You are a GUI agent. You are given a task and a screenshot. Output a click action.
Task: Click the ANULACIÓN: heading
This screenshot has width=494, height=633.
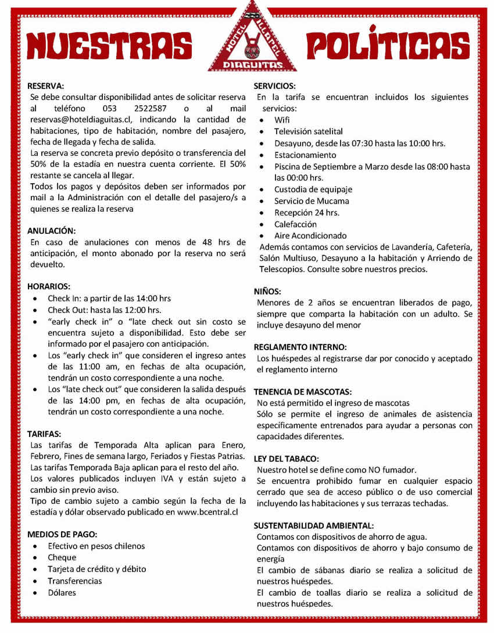coord(52,230)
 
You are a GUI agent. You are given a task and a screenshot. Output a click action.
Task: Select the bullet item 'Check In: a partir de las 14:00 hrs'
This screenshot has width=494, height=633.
coord(109,298)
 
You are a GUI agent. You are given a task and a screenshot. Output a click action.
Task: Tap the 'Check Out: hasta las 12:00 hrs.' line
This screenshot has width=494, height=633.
coord(104,310)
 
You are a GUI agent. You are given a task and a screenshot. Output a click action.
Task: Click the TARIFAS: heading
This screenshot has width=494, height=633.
coord(44,433)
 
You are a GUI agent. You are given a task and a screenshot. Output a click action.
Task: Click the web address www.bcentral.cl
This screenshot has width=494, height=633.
coord(207,512)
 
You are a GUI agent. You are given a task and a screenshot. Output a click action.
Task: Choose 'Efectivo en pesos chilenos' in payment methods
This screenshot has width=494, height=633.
coord(96,546)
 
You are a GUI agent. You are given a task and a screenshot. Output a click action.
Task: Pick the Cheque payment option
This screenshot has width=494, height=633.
coord(62,557)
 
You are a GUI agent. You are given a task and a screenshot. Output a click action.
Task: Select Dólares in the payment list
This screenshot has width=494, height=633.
coord(62,592)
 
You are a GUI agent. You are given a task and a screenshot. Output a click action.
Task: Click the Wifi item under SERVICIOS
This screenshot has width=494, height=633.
coord(282,120)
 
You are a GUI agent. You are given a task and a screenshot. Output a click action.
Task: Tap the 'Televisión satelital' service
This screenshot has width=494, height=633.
coord(309,131)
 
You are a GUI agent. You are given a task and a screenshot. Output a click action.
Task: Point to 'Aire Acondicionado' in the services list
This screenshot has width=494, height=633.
coord(310,236)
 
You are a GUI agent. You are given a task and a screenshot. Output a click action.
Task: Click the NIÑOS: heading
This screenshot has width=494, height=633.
coord(268,291)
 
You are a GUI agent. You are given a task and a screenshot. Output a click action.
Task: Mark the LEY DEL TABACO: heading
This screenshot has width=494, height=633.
coord(287,458)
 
